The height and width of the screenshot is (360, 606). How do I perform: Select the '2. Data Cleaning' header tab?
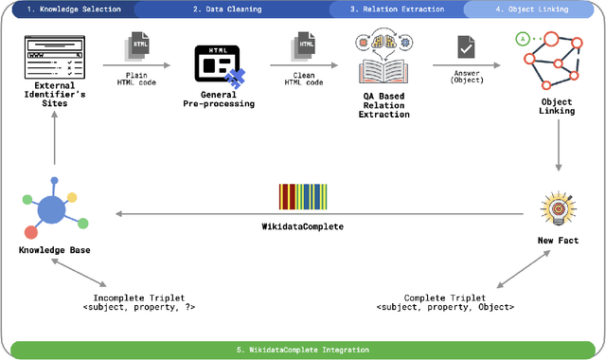click(227, 9)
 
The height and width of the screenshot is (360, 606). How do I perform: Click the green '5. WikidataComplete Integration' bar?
click(303, 350)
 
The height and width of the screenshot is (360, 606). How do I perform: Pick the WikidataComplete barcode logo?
click(303, 196)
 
